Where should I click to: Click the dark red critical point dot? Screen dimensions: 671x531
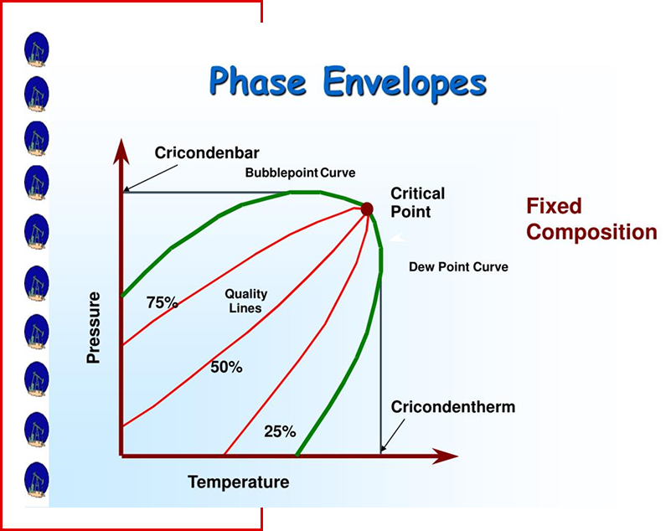point(367,209)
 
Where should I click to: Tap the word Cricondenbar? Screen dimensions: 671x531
point(207,152)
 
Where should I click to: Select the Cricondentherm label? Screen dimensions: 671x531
point(452,406)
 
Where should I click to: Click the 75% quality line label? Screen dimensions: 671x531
point(163,302)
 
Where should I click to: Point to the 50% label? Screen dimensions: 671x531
point(226,367)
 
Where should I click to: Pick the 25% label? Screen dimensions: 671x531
point(280,431)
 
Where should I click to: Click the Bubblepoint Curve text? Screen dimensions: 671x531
point(301,173)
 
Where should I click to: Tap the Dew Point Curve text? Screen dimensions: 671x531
point(459,267)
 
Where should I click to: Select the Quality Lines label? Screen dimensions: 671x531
point(245,301)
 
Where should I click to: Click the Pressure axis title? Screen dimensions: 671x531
point(93,327)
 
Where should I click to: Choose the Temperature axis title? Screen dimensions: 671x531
point(239,482)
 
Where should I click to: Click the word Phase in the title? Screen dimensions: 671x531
point(258,81)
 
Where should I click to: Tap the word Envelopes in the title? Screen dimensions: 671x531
point(405,84)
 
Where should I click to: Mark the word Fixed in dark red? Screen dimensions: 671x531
point(554,206)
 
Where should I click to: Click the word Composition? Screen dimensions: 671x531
point(591,232)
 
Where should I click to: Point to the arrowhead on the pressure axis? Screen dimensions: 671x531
point(121,152)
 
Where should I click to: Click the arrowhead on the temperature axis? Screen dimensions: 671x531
point(446,456)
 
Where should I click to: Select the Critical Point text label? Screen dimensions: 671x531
point(418,203)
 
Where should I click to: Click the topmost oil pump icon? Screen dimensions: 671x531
point(36,49)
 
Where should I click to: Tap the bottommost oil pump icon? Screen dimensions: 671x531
point(36,480)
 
